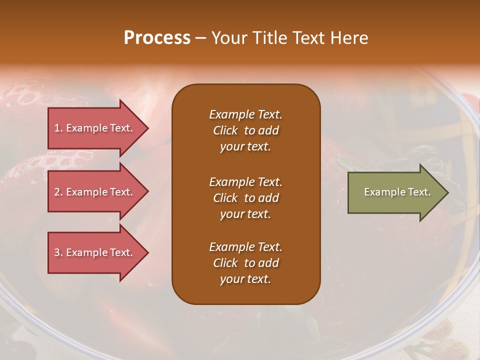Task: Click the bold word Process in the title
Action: [x=157, y=37]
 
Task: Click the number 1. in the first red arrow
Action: [x=58, y=128]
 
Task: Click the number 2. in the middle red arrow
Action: [x=58, y=192]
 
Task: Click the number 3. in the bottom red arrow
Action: [x=58, y=252]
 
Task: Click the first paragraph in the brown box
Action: [x=245, y=130]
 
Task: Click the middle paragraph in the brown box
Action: [x=245, y=198]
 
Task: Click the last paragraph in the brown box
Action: [x=245, y=263]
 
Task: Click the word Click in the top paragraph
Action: [x=225, y=130]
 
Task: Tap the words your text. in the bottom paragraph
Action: [x=245, y=279]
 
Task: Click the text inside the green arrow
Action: [x=397, y=192]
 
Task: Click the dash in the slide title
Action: [x=200, y=38]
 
